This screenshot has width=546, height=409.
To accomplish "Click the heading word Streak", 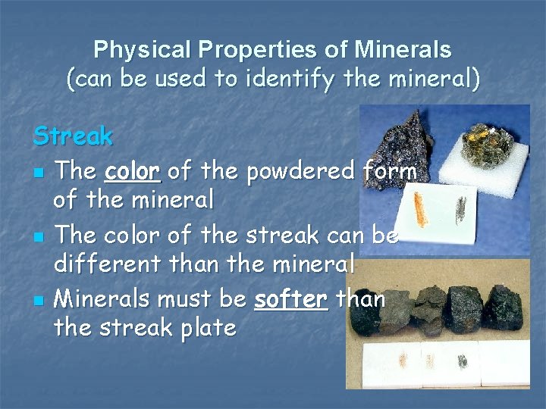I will [x=73, y=137].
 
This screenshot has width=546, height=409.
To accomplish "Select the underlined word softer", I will [x=290, y=299].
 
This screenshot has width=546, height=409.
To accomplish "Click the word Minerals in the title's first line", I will [x=403, y=51].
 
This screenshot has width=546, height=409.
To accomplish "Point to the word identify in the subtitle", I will [x=297, y=79].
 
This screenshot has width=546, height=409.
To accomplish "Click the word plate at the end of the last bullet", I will [x=206, y=328].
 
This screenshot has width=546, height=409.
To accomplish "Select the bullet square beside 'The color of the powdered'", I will [x=38, y=173].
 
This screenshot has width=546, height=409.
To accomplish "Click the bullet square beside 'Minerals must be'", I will [x=38, y=301].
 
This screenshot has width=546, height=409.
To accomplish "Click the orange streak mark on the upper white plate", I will [x=419, y=209].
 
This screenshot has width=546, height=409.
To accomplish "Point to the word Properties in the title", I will [x=262, y=51].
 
